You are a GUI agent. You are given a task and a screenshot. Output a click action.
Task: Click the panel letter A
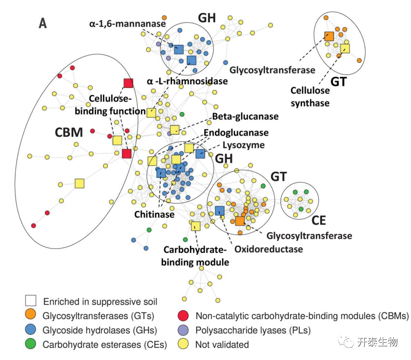pos(43,24)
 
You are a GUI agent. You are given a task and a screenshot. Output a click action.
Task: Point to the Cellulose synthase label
pos(310,96)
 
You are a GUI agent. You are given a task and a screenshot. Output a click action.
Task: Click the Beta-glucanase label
pos(245,116)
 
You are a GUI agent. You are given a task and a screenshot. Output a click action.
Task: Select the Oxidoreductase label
pos(268,249)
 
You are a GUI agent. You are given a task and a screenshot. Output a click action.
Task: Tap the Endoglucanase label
pos(236,133)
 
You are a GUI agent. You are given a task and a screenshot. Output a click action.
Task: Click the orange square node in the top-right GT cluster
pos(329,36)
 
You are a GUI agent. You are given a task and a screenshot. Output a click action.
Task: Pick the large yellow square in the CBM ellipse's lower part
pos(79,184)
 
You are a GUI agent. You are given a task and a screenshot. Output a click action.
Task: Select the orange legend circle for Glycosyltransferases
pos(31,316)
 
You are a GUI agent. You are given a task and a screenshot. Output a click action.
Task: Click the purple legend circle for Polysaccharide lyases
pos(184,330)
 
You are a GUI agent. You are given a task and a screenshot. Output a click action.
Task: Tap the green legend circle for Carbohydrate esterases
pos(31,344)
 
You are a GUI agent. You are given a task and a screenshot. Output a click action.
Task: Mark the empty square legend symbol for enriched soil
pos(31,302)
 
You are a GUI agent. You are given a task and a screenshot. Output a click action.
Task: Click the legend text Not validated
pos(222,344)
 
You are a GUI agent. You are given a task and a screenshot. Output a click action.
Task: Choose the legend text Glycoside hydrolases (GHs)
pos(100,330)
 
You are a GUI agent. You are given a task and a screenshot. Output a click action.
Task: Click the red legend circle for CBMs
pos(184,316)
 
